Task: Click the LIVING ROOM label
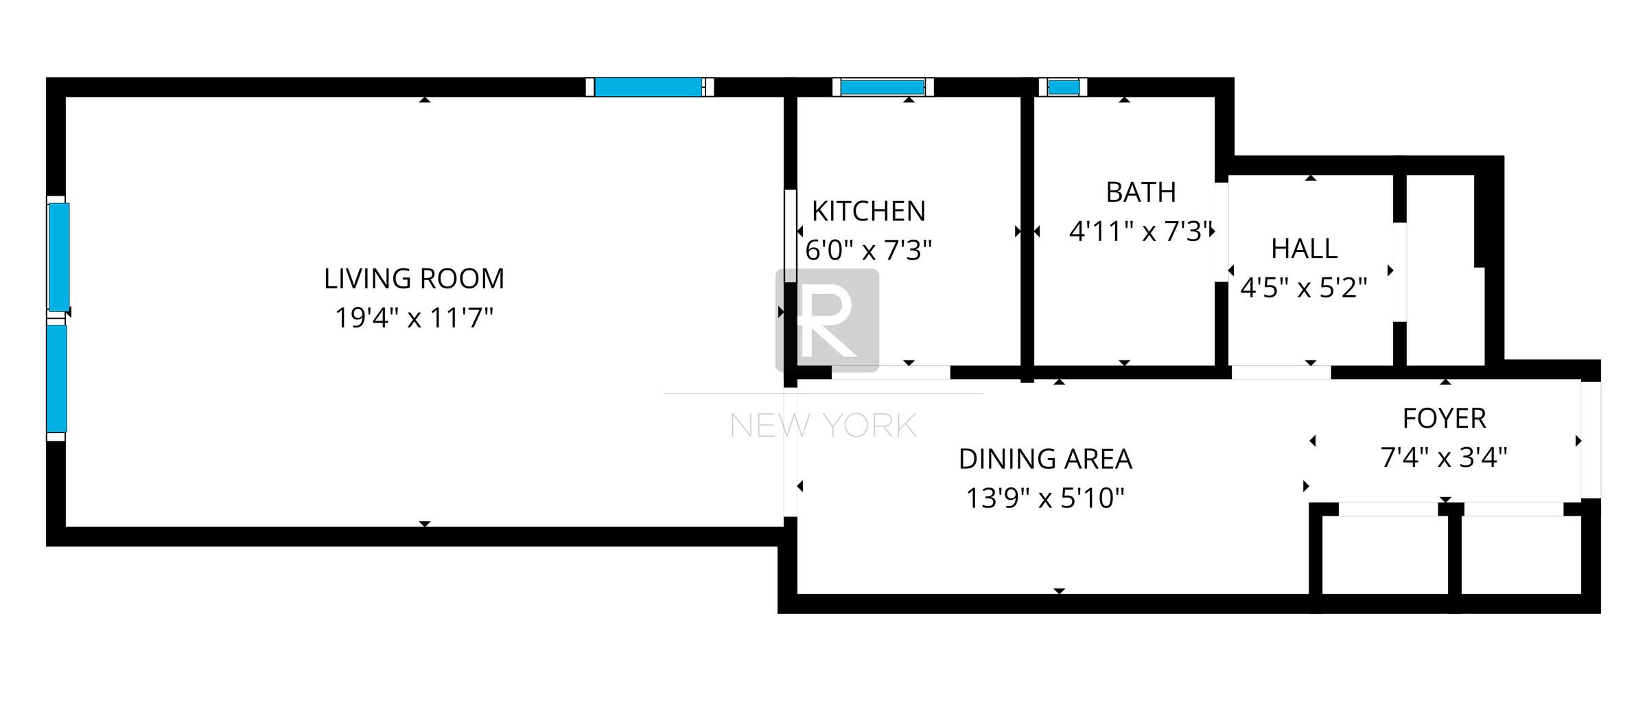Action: pos(414,279)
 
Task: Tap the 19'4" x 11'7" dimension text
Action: pos(414,318)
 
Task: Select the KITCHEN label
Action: pos(868,211)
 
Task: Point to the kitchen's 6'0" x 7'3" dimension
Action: pos(868,251)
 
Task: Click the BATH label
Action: pos(1141,192)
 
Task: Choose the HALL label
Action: pos(1304,249)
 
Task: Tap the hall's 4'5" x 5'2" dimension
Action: pos(1304,288)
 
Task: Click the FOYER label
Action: pos(1444,418)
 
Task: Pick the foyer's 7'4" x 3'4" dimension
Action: pos(1444,457)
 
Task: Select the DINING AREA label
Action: pos(1044,459)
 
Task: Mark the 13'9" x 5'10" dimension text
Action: pos(1044,498)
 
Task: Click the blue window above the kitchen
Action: pos(882,87)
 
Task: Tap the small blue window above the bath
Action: pos(1064,87)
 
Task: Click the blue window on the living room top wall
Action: pos(648,87)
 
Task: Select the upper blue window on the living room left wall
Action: pos(58,257)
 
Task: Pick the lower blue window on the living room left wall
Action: pos(57,378)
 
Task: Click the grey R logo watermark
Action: pos(827,320)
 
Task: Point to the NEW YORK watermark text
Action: pos(823,426)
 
